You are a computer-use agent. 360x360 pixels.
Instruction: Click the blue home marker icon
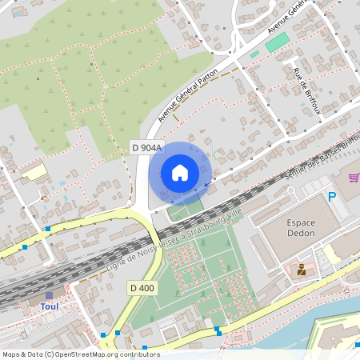pyautogui.click(x=179, y=173)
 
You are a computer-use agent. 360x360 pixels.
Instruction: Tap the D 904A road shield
pyautogui.click(x=146, y=147)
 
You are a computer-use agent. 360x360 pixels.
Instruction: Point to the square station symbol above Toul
pyautogui.click(x=49, y=295)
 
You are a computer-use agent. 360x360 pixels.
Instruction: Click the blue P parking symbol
pyautogui.click(x=332, y=196)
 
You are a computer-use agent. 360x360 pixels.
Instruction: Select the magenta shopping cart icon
pyautogui.click(x=354, y=177)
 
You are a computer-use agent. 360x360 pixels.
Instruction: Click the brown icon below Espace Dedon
pyautogui.click(x=302, y=270)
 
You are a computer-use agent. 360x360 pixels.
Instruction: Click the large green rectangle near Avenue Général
pyautogui.click(x=278, y=42)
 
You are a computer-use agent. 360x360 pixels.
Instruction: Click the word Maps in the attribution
pyautogui.click(x=12, y=354)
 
